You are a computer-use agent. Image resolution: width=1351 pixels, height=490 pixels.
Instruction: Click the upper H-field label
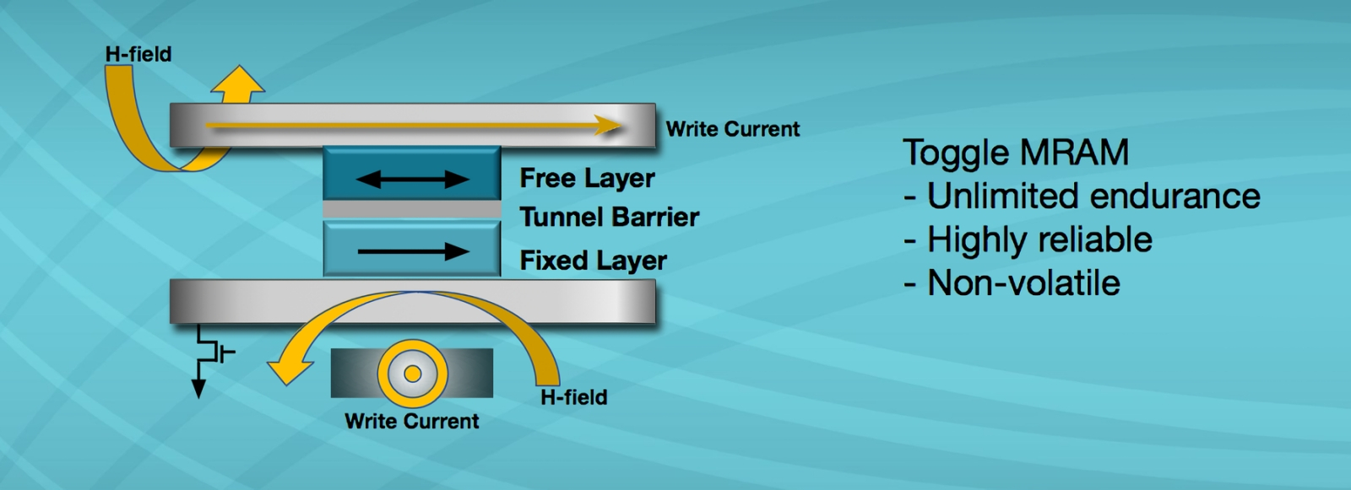click(138, 54)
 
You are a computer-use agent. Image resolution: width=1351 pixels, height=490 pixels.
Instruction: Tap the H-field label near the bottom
click(573, 396)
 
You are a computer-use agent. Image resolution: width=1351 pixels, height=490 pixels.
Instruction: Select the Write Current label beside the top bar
click(732, 129)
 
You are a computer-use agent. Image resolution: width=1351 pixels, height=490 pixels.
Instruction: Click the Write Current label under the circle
click(411, 421)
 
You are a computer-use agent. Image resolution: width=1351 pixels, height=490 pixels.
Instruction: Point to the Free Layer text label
click(587, 178)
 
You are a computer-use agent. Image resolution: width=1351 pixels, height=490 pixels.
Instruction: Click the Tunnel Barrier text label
click(609, 218)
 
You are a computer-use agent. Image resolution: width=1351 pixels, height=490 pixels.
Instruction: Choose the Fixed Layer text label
click(593, 261)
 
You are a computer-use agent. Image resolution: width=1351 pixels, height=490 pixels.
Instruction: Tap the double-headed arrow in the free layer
click(412, 179)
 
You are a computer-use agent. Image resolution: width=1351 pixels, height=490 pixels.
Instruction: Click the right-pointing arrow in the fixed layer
click(413, 251)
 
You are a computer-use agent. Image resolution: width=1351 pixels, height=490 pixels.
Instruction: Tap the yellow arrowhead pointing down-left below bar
click(283, 369)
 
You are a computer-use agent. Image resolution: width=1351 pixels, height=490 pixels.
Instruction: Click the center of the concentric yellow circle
click(412, 374)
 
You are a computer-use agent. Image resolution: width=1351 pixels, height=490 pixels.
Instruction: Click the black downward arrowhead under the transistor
click(198, 388)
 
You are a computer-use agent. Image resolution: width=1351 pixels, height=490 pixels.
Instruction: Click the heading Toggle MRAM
click(1016, 153)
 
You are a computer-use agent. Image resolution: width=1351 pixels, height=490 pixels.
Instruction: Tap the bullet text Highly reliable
click(1039, 240)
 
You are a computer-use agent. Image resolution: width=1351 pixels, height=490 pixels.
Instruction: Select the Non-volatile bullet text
click(1023, 283)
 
